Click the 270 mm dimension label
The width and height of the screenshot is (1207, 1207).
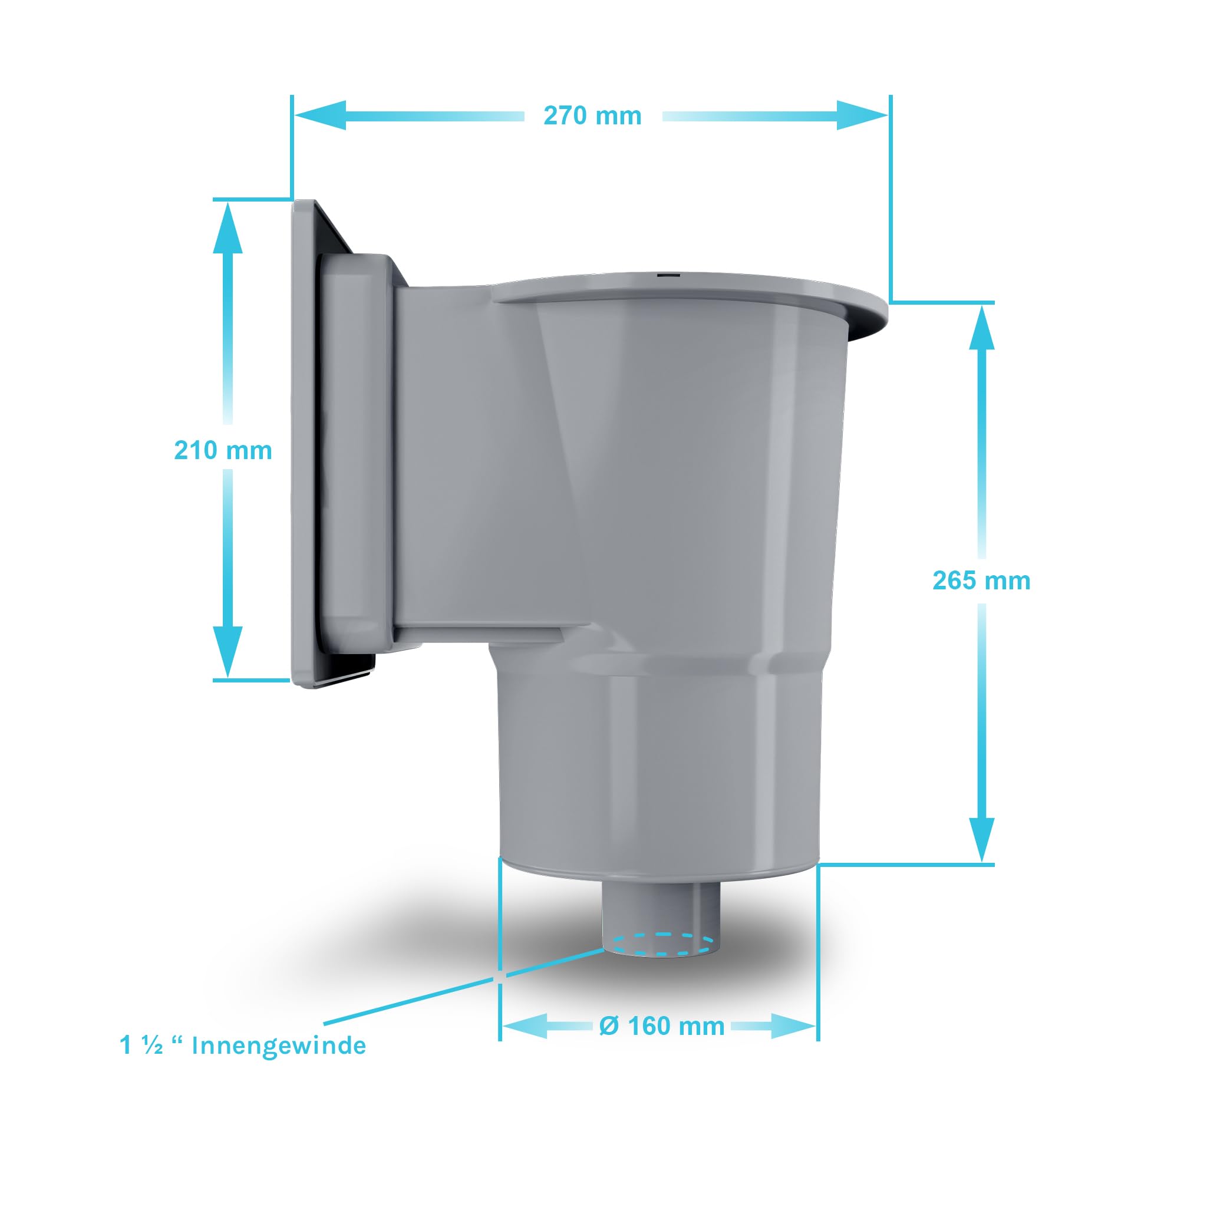[x=592, y=116]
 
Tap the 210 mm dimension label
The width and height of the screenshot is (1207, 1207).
[x=223, y=450]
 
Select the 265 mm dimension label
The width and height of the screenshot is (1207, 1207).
[x=981, y=581]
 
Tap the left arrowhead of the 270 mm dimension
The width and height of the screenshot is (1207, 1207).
[x=321, y=116]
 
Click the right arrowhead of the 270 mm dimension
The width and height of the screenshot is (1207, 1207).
[x=862, y=116]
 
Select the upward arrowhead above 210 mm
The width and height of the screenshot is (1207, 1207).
[x=227, y=227]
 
